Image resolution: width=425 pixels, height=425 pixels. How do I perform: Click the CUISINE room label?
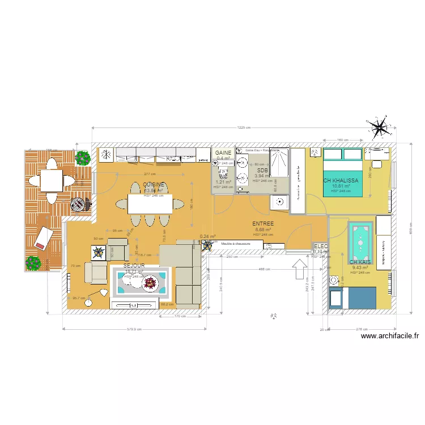[x=154, y=185]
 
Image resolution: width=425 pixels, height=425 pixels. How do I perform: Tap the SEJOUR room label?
[x=134, y=265]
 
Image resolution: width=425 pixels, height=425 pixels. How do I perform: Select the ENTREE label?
[x=263, y=224]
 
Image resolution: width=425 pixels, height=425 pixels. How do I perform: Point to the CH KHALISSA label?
[x=341, y=181]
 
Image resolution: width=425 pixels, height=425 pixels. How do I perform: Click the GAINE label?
[x=223, y=153]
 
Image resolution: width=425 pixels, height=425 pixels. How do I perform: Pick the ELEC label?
[x=321, y=246]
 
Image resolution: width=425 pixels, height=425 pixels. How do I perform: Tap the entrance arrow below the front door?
[x=298, y=269]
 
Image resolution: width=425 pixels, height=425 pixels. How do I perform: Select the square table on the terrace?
[x=52, y=181]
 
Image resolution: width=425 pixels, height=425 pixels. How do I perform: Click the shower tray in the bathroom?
[x=279, y=163]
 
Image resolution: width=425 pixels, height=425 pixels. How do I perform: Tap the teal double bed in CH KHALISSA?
[x=342, y=172]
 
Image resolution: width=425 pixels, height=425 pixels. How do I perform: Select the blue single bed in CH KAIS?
[x=352, y=298]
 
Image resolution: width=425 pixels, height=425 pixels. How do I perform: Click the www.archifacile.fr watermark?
[x=390, y=336]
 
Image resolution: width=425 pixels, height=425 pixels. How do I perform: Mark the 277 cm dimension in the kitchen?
[x=150, y=174]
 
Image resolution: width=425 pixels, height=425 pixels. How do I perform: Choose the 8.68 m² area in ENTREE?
[x=263, y=229]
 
